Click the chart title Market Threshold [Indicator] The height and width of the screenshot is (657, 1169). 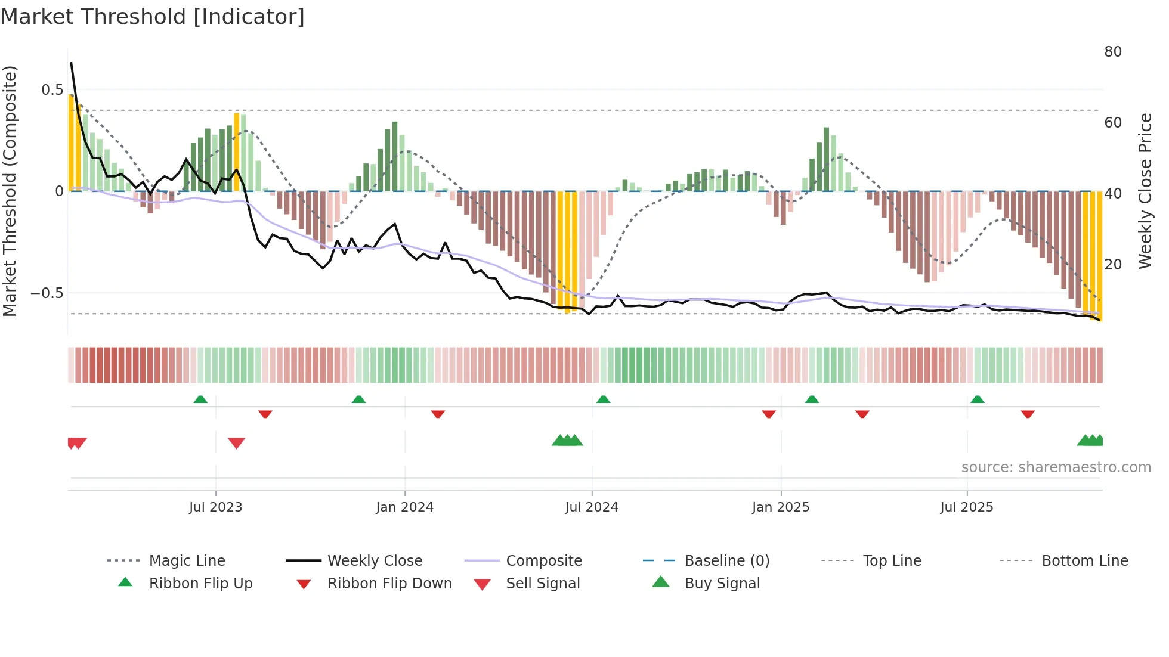153,17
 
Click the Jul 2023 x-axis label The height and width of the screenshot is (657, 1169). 215,507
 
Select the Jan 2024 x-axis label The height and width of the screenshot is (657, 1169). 404,507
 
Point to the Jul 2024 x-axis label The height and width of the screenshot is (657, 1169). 591,507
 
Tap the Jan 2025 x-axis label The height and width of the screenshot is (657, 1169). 780,507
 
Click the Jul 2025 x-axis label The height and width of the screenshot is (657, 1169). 966,507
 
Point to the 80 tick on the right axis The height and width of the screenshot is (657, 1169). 1112,52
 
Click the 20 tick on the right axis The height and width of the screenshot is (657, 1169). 1112,265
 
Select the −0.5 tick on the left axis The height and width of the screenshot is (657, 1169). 47,293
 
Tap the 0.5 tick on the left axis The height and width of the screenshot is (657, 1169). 52,90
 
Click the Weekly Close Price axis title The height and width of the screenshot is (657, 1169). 1145,191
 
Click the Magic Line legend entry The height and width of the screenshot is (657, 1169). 187,561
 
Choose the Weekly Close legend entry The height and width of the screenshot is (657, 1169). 375,561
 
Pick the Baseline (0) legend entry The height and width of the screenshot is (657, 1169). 726,561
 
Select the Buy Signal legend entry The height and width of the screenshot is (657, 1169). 722,584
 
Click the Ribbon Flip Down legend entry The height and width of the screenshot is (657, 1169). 389,584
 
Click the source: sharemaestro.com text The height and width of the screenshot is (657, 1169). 1056,467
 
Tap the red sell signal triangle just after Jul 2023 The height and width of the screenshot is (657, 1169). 236,443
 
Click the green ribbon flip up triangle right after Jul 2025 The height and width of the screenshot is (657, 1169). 977,399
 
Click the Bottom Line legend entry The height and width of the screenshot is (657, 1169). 1084,561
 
